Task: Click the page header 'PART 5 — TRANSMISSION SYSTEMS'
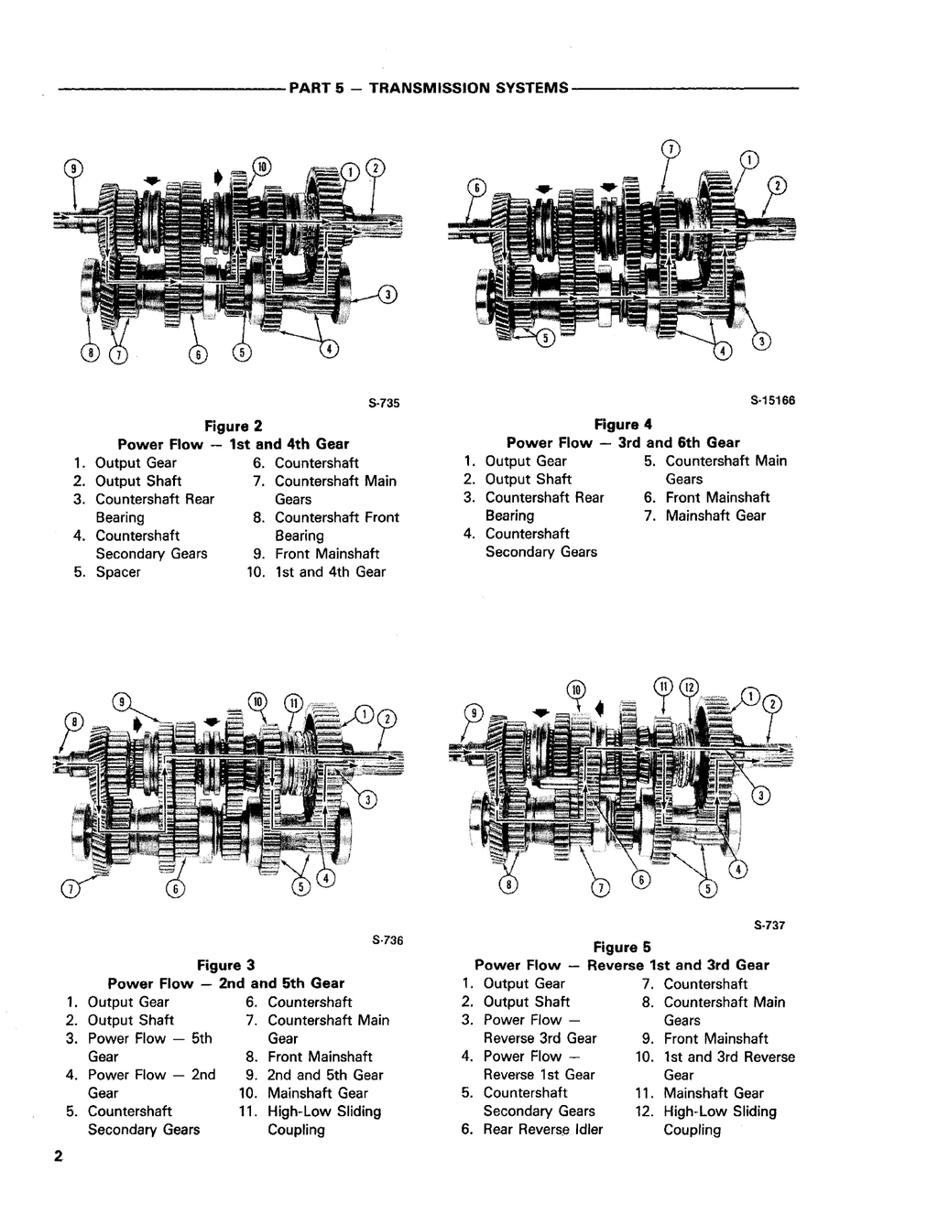coord(428,89)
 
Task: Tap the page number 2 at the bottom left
coord(57,1157)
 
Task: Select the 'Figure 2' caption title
coord(233,426)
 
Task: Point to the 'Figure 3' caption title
coord(225,965)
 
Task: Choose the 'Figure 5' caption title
coord(622,947)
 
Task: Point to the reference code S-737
coord(769,926)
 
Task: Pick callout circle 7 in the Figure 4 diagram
coord(671,149)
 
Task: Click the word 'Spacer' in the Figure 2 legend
coord(118,572)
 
